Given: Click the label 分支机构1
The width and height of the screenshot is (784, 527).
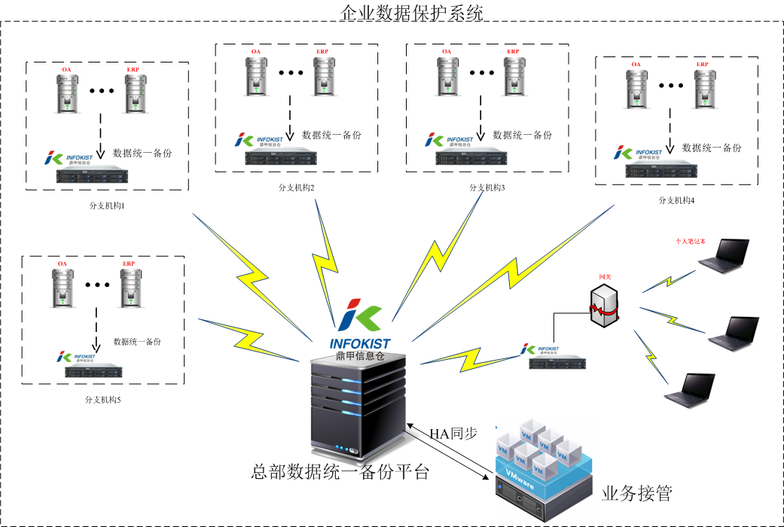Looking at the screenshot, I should tap(106, 204).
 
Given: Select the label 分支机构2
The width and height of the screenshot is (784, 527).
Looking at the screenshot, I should tap(296, 186).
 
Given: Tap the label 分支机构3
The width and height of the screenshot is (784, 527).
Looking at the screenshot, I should tap(487, 187).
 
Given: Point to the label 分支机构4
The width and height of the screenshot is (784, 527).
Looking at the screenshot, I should tap(676, 200).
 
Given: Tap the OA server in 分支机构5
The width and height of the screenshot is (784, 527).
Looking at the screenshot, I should tap(62, 286).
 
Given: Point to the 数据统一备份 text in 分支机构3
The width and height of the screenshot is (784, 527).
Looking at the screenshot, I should tap(522, 136).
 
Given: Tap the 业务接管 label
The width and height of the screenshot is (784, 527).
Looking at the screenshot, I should tap(636, 494).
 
